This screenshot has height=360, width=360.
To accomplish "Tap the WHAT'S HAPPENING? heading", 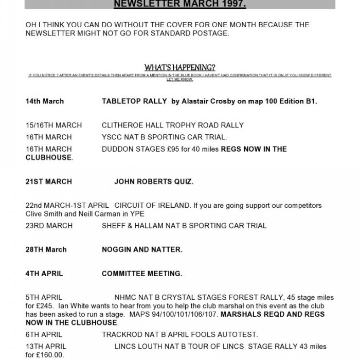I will click(180, 67).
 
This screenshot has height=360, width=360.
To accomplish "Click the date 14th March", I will click(45, 101).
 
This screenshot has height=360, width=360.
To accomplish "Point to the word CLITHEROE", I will click(122, 125).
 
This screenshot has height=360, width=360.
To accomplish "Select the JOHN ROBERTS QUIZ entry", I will click(154, 182).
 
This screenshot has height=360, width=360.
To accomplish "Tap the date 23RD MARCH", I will click(49, 225).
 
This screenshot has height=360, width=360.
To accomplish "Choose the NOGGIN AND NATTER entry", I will click(142, 249).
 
